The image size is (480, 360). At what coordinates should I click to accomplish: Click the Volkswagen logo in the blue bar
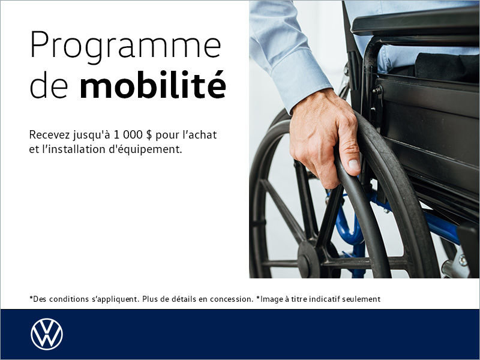click(47, 334)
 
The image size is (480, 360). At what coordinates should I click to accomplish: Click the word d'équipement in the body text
click(148, 149)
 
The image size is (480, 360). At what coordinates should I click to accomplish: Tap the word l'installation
click(75, 149)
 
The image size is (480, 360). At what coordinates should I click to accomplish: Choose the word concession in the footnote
click(230, 299)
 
